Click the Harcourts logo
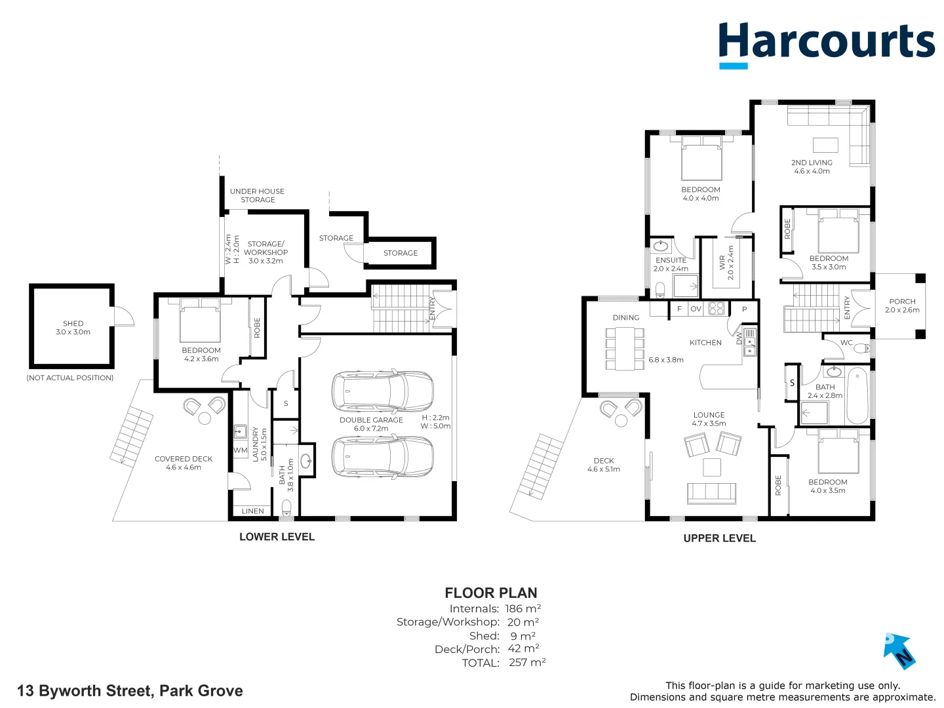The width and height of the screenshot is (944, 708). coord(826,43)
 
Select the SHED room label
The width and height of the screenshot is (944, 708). coord(73,324)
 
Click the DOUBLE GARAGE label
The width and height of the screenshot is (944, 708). coord(371,420)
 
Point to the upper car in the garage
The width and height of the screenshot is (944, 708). coord(382,391)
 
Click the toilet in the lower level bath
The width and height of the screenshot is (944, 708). coord(286,507)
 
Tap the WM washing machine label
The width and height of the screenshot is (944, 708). coord(241,450)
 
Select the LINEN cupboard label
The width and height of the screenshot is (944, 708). coord(253,511)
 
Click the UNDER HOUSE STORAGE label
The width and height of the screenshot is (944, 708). coord(257,195)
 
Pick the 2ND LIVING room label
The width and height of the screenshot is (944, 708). coord(812,163)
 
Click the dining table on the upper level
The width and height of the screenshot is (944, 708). coord(625,349)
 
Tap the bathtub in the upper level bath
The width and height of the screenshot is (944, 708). coord(857,396)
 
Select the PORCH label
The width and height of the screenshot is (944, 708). coord(902,302)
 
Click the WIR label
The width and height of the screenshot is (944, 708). coord(722,263)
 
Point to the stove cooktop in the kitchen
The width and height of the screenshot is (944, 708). coord(716,308)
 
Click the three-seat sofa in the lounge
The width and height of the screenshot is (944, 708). coord(711,493)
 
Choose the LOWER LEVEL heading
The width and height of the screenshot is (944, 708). coord(277,537)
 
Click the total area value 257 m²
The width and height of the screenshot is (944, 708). coord(527,663)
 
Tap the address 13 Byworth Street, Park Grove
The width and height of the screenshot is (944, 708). coord(130,691)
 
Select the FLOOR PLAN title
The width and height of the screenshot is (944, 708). coord(490,593)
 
